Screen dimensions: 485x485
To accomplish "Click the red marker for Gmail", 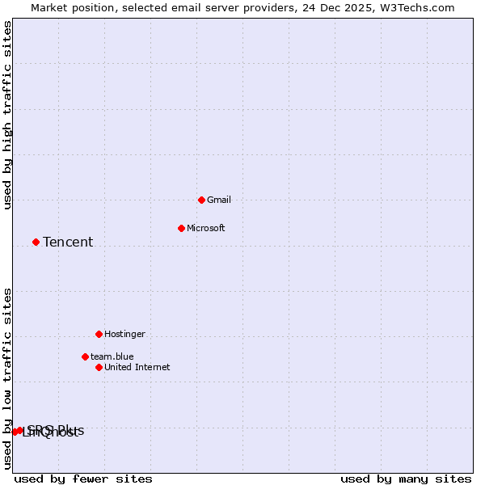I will [201, 200].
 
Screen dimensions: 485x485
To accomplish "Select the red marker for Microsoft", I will [181, 228].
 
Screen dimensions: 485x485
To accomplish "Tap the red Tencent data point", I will [36, 242].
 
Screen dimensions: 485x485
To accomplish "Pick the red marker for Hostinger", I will [99, 334].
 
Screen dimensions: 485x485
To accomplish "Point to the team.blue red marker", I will [85, 356].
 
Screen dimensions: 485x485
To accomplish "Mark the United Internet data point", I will [99, 367].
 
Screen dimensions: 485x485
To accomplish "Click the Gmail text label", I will [219, 200].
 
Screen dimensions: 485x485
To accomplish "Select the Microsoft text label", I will [205, 228].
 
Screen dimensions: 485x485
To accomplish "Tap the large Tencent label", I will [68, 242].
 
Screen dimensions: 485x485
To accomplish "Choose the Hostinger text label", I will [124, 334].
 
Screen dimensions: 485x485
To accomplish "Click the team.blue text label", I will [112, 356].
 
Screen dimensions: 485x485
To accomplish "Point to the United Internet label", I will [137, 367].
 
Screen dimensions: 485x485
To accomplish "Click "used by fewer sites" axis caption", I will [83, 479].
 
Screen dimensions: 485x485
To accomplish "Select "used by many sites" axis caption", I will [406, 479].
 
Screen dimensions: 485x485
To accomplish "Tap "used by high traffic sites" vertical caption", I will [7, 115].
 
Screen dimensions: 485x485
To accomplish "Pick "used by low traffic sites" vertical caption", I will [7, 377].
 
